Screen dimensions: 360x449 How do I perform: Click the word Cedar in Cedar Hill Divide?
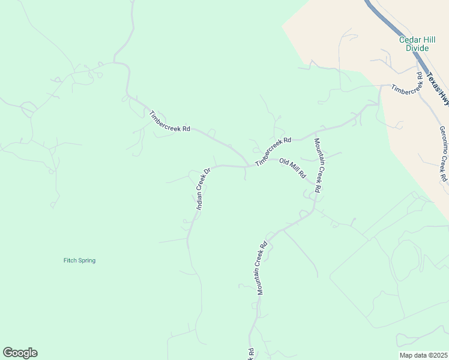(409, 40)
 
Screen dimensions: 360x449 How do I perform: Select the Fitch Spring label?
(79, 260)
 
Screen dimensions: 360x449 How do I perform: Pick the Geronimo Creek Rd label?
(443, 154)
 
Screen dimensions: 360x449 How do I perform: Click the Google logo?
(20, 353)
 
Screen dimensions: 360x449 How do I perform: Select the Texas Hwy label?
(438, 89)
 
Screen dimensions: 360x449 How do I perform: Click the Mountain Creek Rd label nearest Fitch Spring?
(262, 268)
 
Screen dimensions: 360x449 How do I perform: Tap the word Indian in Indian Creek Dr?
(199, 200)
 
